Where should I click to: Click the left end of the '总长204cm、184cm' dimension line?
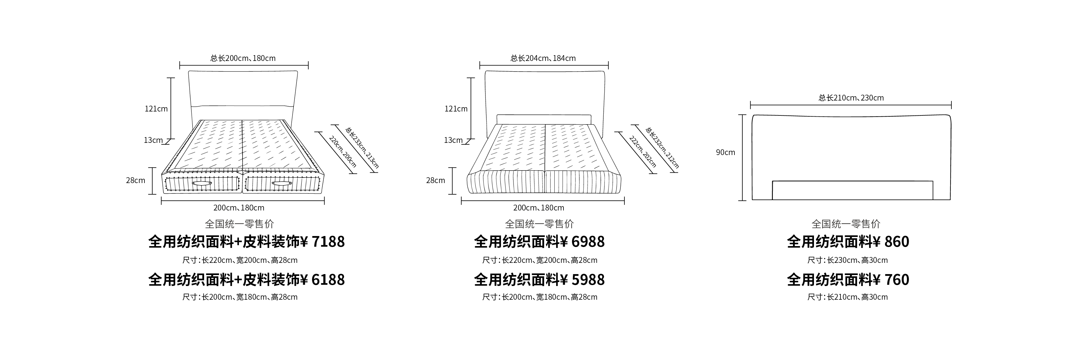click(x=480, y=65)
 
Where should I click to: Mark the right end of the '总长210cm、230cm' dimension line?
click(x=951, y=105)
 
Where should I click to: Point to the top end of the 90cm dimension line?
click(x=742, y=115)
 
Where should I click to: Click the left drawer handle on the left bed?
click(x=202, y=184)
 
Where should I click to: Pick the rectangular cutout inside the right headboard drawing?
click(x=852, y=190)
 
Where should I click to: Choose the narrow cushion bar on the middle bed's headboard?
click(x=544, y=119)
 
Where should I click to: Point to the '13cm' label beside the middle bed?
click(x=453, y=140)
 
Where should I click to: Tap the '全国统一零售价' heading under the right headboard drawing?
click(x=846, y=224)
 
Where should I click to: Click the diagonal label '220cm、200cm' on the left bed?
click(x=343, y=152)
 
